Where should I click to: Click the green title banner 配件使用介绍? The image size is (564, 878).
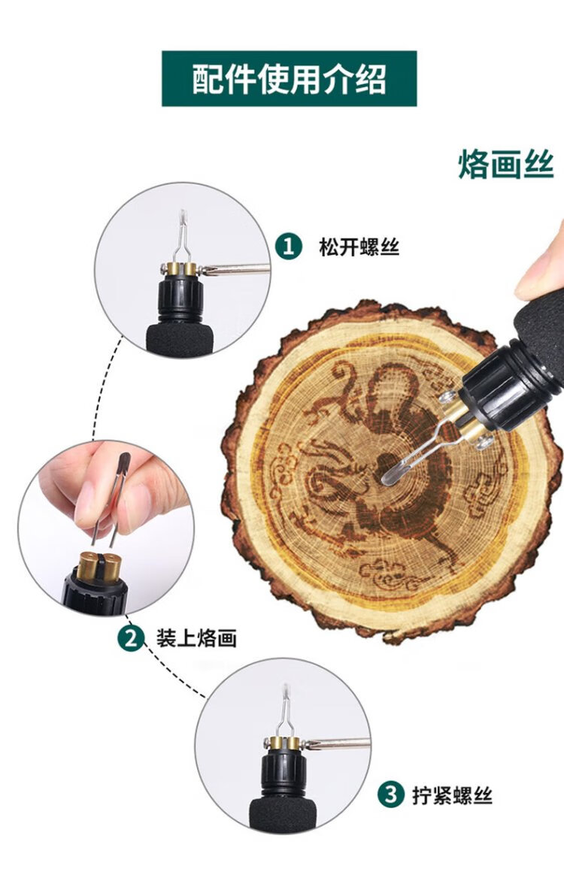point(289,78)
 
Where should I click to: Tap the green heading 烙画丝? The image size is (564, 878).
point(506,165)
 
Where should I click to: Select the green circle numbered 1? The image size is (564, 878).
point(289,247)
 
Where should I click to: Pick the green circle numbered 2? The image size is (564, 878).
point(131,638)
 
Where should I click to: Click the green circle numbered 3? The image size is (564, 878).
point(391,795)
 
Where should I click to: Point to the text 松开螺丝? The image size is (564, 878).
point(359,247)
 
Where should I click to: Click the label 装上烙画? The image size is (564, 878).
point(196,638)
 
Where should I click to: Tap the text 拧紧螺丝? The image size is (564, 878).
point(452,795)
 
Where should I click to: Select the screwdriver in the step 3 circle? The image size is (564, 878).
point(336,744)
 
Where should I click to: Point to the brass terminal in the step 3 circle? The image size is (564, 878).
point(284,743)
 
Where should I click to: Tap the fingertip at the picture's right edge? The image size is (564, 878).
point(541,263)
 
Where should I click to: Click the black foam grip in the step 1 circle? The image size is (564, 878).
point(180,338)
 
